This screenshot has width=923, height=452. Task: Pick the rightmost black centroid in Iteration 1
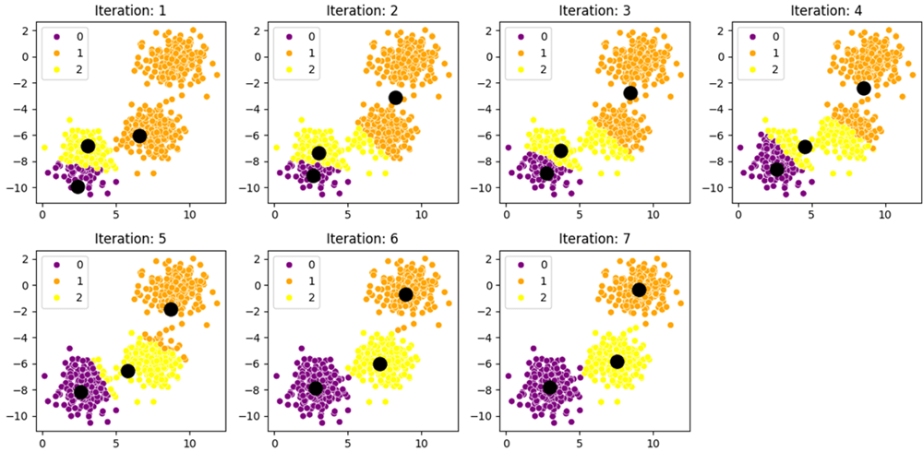[x=139, y=136]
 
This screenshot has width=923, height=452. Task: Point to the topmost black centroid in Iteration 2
[x=396, y=98]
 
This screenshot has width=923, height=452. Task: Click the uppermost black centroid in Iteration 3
[x=630, y=93]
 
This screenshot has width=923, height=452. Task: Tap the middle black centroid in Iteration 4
[x=805, y=147]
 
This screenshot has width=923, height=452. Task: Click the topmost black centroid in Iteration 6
[x=405, y=294]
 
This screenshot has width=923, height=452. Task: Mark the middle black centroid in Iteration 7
[x=617, y=362]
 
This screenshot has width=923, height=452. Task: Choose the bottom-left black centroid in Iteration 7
[x=550, y=387]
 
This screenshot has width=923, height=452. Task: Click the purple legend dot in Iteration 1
[x=57, y=37]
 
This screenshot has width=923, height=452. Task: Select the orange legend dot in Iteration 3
[x=521, y=53]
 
